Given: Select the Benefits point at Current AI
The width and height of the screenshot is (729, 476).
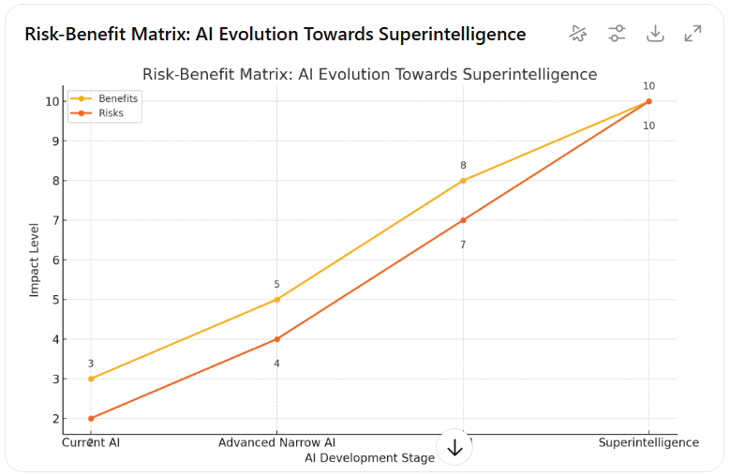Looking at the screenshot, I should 91,379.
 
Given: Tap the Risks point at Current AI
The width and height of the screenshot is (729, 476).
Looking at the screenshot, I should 91,418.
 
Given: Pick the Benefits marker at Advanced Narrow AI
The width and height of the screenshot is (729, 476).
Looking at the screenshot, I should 276,300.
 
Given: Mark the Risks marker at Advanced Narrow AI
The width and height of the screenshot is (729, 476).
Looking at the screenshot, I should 276,339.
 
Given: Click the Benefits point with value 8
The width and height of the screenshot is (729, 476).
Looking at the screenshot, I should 463,181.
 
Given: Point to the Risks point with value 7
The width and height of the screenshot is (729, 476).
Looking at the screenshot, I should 463,220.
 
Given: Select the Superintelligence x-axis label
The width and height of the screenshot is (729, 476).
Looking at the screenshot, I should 648,442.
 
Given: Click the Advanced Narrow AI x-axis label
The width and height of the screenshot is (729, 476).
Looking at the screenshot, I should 276,442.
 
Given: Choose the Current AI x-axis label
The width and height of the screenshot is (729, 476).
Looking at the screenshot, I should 91,442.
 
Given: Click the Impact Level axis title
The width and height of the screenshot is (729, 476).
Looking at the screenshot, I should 35,260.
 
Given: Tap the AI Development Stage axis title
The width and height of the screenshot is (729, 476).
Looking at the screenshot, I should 369,458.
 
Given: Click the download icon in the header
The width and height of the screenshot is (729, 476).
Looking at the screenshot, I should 655,34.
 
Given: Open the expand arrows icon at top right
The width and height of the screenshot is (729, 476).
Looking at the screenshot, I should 693,34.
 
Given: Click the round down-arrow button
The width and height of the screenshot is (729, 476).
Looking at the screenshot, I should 455,448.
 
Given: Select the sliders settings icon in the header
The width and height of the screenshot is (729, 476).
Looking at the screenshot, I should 617,34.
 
